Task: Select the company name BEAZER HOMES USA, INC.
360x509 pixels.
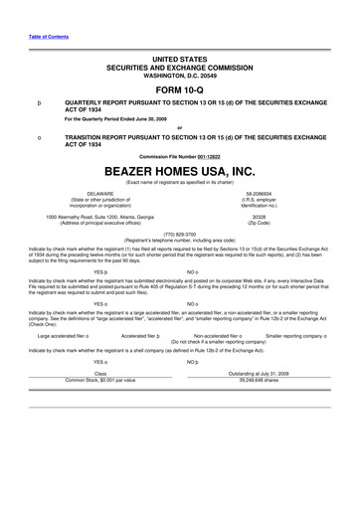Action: [x=179, y=171]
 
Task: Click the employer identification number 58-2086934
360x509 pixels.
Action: [x=260, y=192]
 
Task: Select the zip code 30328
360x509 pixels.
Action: [x=260, y=216]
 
